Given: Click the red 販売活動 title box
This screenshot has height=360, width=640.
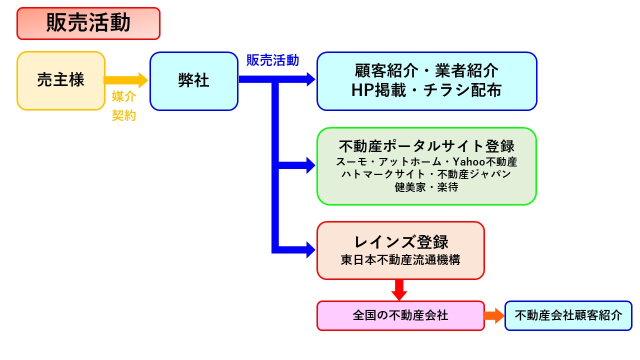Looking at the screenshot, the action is pos(88,23).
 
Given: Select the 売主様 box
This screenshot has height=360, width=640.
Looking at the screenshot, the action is pos(61,80).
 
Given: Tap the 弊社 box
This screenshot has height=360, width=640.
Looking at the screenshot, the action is pos(194,81).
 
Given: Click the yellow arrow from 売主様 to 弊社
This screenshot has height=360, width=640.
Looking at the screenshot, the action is pos(126,80).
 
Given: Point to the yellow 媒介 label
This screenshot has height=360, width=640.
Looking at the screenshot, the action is pos(123,96).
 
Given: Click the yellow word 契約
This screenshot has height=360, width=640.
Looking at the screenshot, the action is pos(123,115).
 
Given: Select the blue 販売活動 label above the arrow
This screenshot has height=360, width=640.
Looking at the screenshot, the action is pos(272,60).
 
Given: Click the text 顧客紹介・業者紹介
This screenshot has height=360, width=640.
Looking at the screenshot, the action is pos(426,70).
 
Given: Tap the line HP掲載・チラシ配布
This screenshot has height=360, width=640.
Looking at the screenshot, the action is pos(426,90).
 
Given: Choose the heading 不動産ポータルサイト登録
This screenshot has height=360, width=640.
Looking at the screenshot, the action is pos(426,146).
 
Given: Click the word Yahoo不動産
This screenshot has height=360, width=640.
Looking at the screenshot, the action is pos(485,162).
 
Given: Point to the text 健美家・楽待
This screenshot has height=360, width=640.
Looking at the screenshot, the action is pos(426,187).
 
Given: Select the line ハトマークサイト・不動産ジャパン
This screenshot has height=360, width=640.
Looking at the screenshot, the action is pos(426,174).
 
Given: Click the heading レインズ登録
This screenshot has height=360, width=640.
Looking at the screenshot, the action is pos(401,242).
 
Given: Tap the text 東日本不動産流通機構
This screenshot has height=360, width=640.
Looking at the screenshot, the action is pos(400,260).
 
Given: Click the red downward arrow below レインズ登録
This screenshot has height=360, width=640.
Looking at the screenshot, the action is pos(399,290).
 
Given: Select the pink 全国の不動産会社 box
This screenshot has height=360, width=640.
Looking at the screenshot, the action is pos(400,315).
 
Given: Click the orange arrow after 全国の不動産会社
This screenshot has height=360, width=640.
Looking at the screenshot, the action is pos(494,315).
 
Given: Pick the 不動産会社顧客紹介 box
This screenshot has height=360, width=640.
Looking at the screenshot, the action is pos(568,315).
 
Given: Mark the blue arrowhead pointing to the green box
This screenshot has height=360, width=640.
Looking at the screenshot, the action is pos(310,165).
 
